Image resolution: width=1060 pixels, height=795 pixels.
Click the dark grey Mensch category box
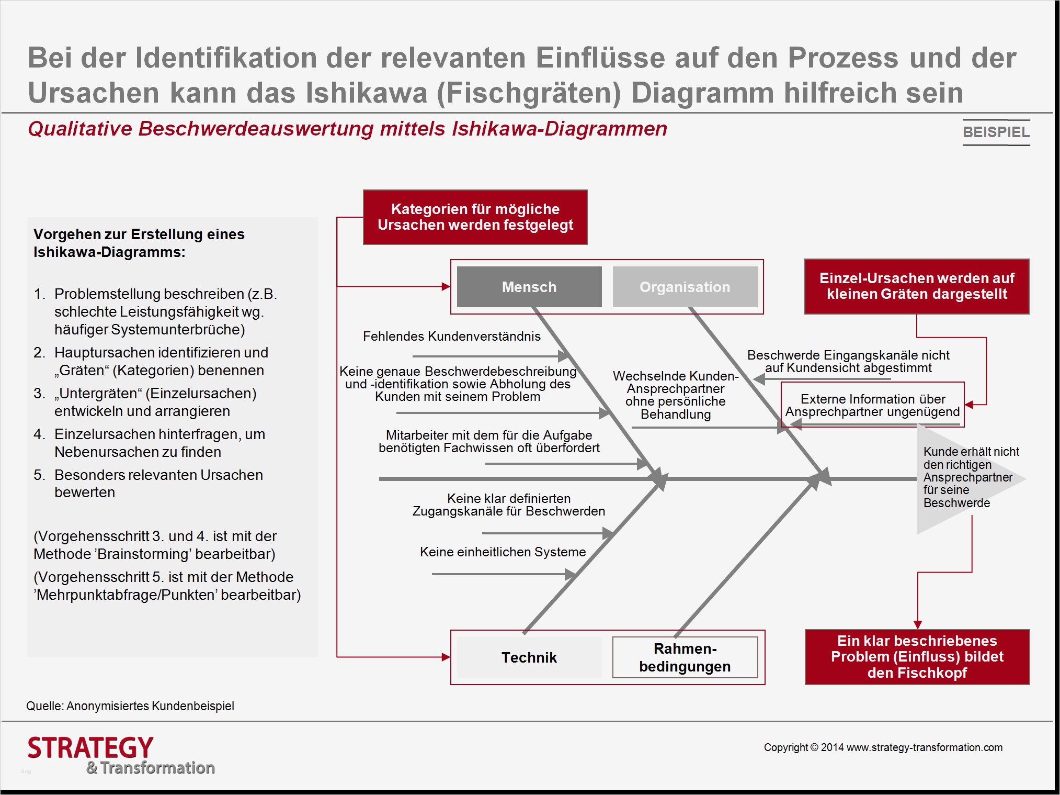click(x=529, y=287)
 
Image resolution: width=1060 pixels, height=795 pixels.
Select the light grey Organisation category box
click(x=685, y=287)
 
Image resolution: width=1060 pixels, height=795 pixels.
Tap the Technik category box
click(x=529, y=657)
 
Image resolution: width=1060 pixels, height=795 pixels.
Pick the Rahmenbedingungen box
click(x=685, y=657)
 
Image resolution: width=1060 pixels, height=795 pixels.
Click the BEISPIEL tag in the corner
click(x=996, y=132)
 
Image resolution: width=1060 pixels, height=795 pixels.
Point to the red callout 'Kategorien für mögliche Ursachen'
click(x=475, y=217)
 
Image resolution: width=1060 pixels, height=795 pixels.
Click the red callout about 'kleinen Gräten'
click(x=916, y=286)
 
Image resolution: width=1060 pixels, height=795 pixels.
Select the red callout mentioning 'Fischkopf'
click(x=917, y=657)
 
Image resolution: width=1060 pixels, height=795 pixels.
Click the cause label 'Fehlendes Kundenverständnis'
click(x=451, y=337)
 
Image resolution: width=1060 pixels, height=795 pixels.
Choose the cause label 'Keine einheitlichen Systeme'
click(x=503, y=552)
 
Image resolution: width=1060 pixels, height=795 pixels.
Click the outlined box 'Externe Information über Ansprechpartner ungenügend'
click(x=872, y=405)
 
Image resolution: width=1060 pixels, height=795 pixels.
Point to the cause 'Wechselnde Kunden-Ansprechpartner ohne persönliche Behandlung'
click(x=675, y=395)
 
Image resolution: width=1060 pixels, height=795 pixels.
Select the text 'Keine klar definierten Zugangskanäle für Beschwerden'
click(x=508, y=505)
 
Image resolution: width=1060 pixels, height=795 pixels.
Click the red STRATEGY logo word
click(x=90, y=747)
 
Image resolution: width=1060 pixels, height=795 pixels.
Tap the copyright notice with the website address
click(x=883, y=747)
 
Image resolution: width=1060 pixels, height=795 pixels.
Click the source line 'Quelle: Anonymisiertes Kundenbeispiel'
click(x=130, y=706)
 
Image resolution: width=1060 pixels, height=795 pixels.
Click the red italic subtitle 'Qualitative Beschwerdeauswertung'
click(x=347, y=129)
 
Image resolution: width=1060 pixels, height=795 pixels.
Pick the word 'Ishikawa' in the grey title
click(x=366, y=93)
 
